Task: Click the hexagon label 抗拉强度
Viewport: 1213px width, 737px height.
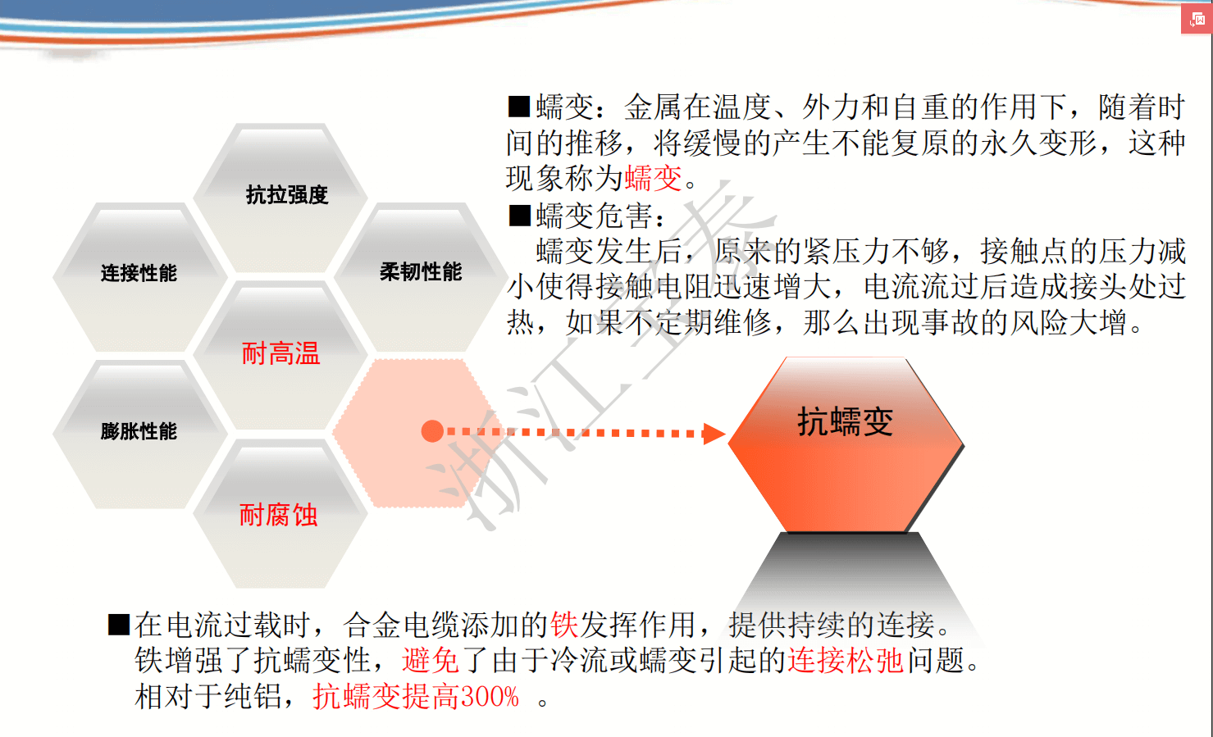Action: [287, 195]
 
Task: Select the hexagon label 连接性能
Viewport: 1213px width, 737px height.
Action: [139, 273]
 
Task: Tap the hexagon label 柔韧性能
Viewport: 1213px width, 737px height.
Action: [421, 271]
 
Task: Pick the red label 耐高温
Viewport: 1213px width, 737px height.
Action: [281, 353]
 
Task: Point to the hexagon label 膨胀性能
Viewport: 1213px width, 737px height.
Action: [139, 431]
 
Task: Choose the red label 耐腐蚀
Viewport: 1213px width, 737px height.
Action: [278, 515]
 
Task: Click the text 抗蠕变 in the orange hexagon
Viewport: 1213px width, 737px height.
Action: [846, 421]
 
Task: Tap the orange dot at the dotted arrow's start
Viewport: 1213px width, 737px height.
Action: [433, 431]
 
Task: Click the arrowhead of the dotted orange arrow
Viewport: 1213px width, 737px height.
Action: [714, 434]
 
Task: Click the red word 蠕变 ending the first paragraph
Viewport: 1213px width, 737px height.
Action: [654, 178]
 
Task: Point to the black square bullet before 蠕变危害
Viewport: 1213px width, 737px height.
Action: [520, 216]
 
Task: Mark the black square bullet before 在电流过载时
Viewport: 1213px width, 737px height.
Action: [119, 624]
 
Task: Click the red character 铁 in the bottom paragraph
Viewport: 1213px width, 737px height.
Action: [564, 625]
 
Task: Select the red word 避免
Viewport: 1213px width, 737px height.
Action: [431, 660]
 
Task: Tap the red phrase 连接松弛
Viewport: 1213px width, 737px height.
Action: [846, 660]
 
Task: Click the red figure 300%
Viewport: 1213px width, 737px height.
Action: [490, 696]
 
